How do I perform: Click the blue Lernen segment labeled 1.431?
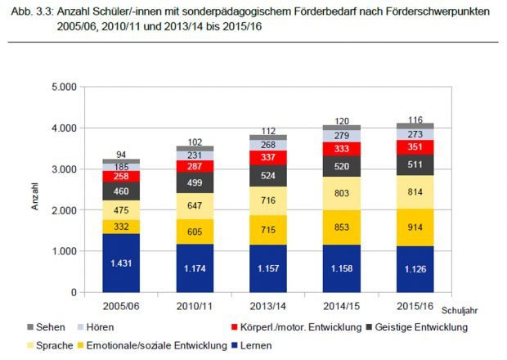click(x=120, y=263)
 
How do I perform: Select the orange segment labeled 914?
click(x=415, y=227)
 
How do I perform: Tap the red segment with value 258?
click(x=120, y=176)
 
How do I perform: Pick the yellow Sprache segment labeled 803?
click(x=341, y=194)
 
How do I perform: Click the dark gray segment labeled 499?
click(x=194, y=182)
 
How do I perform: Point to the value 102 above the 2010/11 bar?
click(x=194, y=142)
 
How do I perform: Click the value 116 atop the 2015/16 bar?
click(x=415, y=119)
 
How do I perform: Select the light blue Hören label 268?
click(x=267, y=145)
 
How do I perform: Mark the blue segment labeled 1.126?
click(x=415, y=268)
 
